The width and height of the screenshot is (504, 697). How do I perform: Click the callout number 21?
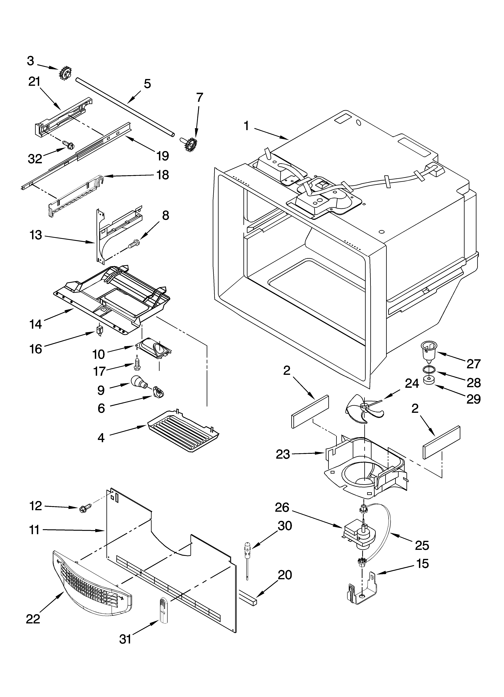click(34, 82)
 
